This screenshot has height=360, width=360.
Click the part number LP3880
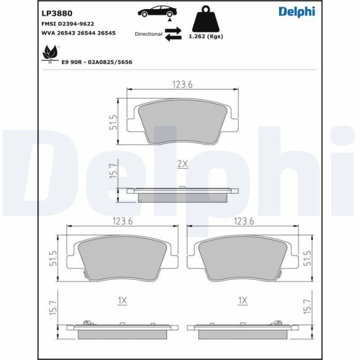pos(56,13)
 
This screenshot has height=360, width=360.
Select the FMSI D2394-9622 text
pos(67,24)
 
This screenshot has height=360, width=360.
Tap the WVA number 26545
pos(106,33)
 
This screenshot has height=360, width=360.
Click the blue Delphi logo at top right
pos(297,12)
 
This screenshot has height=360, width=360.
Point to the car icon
pos(157,12)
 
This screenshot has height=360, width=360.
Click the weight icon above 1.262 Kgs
pos(205,19)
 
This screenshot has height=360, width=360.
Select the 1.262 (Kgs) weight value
pos(206,36)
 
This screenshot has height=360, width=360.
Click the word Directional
pos(148,34)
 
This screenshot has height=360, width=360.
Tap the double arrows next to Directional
pos(173,34)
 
